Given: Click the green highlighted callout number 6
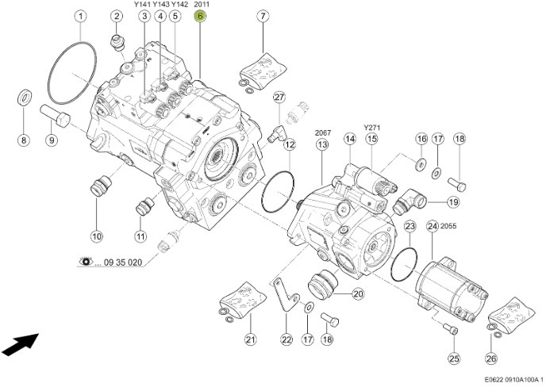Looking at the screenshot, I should coord(201,16).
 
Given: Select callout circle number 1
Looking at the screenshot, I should coord(80,16).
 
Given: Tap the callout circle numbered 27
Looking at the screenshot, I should coord(279,97).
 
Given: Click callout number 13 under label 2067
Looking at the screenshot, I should coord(321,145).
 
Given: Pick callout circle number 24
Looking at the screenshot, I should coord(433,227).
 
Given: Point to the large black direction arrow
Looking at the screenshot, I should coord(20,345).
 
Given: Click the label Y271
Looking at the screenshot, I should coord(371,126).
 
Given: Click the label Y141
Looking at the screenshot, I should coord(142,5).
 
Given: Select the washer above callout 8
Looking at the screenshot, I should coord(24,98).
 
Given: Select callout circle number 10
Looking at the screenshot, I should coord(97,236).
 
